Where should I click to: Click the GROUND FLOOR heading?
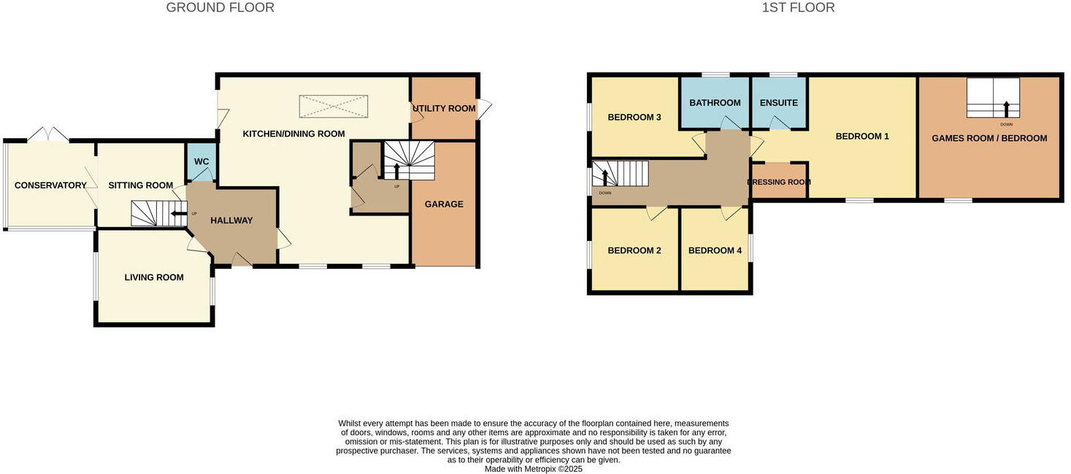coord(220,8)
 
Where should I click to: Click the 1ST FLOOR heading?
coord(797,8)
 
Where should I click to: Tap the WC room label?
coord(201,161)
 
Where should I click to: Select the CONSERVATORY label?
coord(50,186)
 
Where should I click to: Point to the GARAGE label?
coord(444,204)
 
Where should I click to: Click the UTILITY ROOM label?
coord(444,109)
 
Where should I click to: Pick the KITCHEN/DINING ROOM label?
coord(293,134)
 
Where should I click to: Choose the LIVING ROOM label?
coord(153,278)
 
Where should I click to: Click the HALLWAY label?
coord(231,221)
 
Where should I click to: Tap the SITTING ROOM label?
coord(140,186)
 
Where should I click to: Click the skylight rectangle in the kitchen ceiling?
coord(333,107)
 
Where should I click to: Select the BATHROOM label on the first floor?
coord(715,103)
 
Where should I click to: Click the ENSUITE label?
coord(778,103)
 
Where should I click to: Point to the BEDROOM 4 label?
coord(715,251)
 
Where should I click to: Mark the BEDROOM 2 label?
coord(634,251)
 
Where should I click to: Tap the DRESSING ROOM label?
coord(779,183)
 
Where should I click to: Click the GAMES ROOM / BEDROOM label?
coord(989,138)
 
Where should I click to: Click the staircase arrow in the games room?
coord(1007,109)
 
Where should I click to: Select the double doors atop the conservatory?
coord(48,134)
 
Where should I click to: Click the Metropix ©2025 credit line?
coord(533,470)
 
